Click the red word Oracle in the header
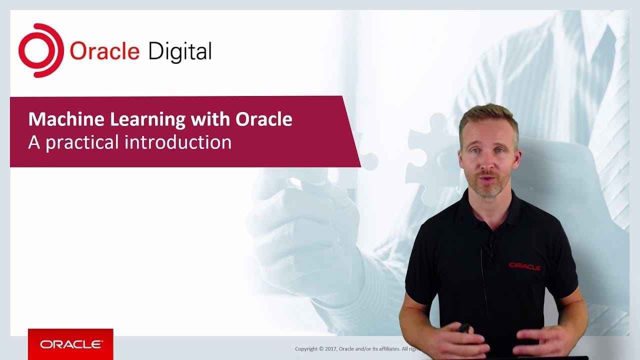point(104,51)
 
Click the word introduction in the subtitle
point(178,142)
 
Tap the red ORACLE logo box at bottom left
point(70,344)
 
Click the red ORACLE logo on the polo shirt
point(524,266)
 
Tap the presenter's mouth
point(486,178)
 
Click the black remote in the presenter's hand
point(464,328)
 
